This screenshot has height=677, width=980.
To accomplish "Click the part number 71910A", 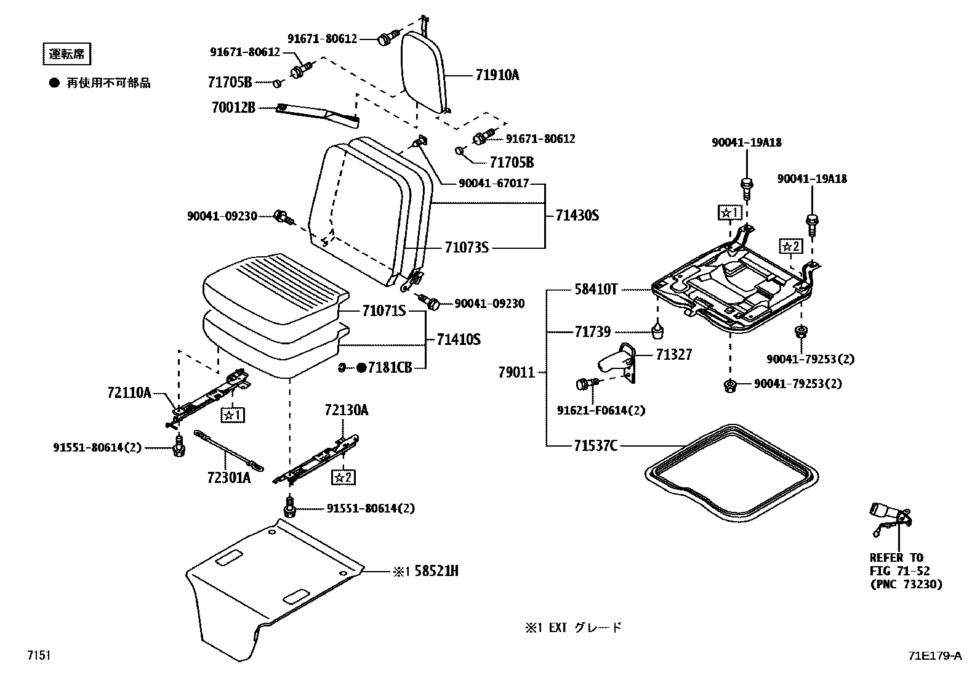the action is coord(497,75).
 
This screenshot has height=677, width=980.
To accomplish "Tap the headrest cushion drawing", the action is coord(424,72).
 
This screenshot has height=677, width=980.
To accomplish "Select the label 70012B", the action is coord(233,107).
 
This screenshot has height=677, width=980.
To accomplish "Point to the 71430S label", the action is coord(577,215).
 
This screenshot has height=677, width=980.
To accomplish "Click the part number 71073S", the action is coord(467,248).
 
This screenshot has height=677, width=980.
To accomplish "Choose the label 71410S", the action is coord(459,339).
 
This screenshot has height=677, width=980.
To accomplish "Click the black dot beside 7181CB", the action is coord(361,367).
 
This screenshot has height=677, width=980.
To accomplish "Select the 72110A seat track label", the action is coord(129,392).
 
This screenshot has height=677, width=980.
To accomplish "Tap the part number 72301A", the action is coord(229,477).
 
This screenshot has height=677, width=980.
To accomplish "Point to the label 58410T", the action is coord(596,289).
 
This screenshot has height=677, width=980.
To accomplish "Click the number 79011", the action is coord(516,372).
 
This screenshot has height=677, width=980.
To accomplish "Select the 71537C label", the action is coord(595,445).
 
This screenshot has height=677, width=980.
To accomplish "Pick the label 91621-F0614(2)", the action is coord(601,410).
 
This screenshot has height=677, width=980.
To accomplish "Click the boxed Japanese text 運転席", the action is coord(66,54).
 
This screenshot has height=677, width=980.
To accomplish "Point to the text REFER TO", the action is coord(896,557).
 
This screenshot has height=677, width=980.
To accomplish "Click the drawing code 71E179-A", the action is coord(935,655).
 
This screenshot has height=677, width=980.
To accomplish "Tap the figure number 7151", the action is coord(39,655).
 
